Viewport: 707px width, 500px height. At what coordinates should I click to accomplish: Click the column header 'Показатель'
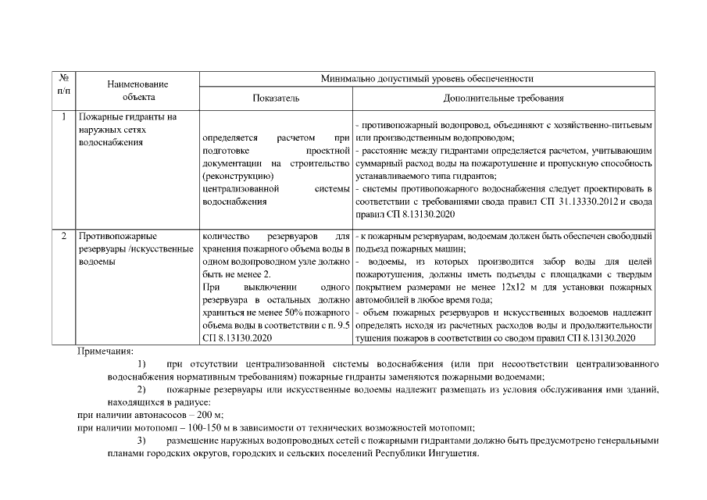(x=275, y=98)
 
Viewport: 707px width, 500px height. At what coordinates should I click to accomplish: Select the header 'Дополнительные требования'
(x=503, y=98)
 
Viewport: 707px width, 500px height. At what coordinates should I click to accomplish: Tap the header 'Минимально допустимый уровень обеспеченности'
(x=427, y=79)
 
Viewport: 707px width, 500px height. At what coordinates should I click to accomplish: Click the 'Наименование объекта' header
(x=138, y=90)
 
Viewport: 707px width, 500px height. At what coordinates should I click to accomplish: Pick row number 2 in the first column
(x=64, y=235)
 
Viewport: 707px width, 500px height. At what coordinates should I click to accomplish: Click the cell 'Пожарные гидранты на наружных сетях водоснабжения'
(x=128, y=130)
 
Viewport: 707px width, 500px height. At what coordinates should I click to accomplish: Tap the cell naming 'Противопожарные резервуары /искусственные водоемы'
(x=135, y=248)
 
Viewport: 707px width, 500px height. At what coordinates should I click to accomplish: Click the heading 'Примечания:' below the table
(x=105, y=352)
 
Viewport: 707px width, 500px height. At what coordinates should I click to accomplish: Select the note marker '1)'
(x=141, y=364)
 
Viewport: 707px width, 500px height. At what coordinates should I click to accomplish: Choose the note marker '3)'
(x=141, y=440)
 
